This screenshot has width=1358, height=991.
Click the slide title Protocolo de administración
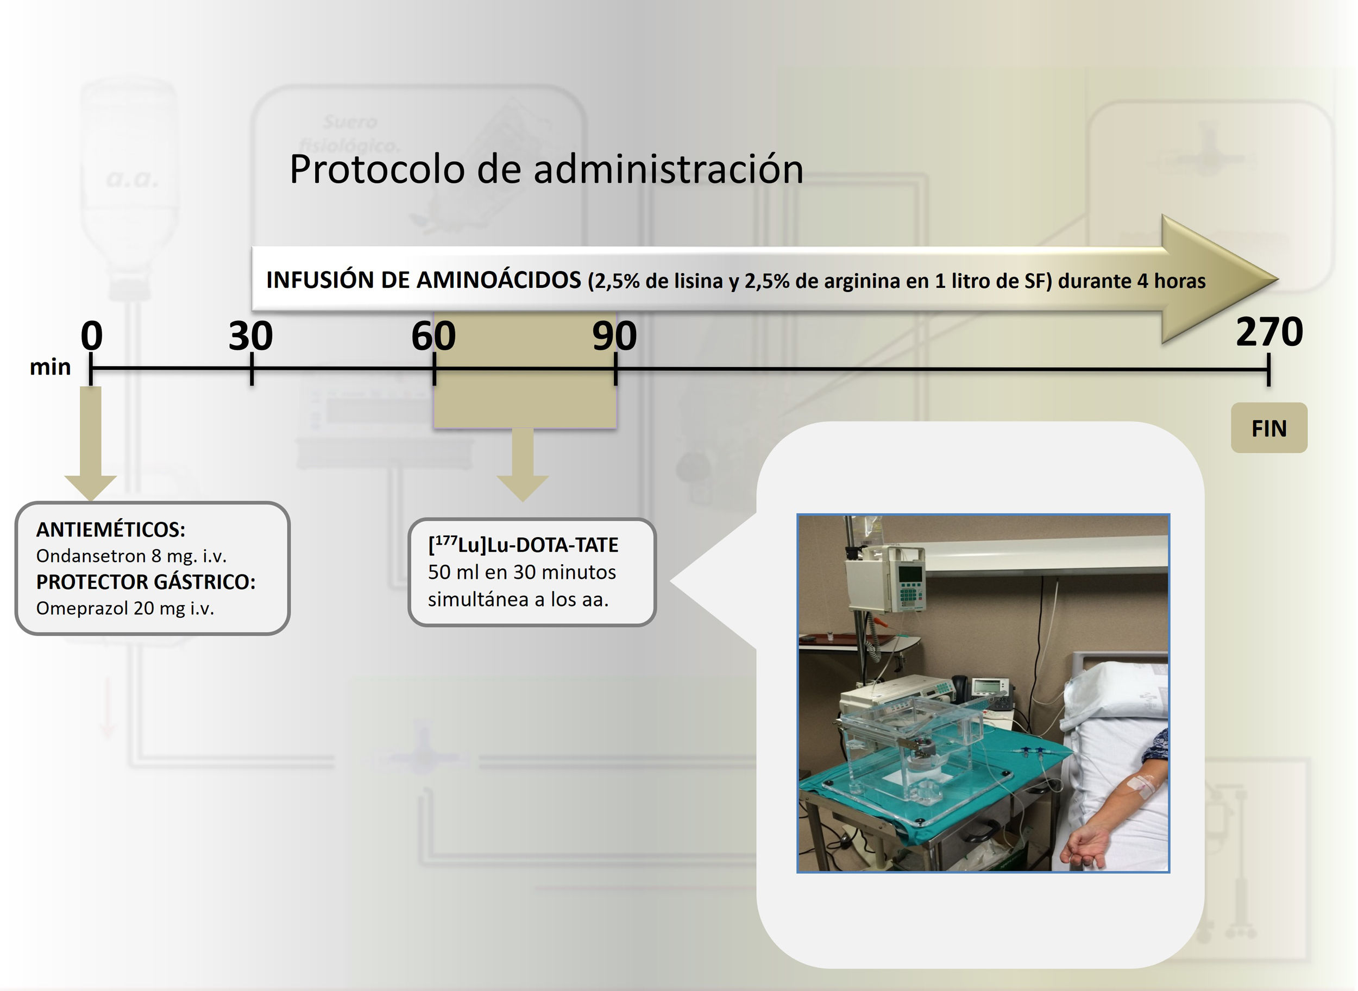[546, 169]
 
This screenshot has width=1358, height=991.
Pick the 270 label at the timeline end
[1269, 332]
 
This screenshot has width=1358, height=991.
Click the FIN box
[1268, 428]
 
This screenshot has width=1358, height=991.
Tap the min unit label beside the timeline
[51, 367]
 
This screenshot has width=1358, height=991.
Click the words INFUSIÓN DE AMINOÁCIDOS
[424, 280]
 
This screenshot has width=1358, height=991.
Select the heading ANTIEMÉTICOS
[111, 529]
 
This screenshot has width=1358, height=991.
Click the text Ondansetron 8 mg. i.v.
[131, 556]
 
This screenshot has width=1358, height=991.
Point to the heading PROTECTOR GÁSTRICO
[146, 582]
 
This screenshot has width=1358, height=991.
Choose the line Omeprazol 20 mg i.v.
[125, 608]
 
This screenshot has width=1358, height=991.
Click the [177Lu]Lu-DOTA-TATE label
[523, 545]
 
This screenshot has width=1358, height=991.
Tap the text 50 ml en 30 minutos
[521, 572]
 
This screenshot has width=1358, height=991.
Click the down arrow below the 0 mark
[91, 444]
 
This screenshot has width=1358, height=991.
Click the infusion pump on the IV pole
[909, 579]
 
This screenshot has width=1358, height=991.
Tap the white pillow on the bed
[1116, 696]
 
